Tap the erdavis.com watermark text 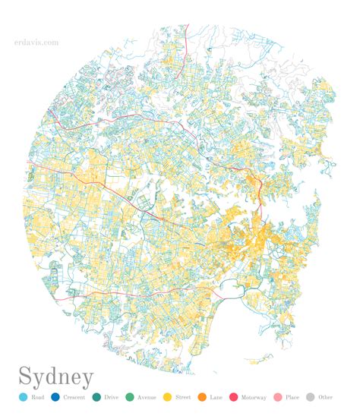[x=36, y=43]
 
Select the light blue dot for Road [x=23, y=397]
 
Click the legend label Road [x=38, y=397]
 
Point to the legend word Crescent [x=74, y=397]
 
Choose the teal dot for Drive [x=96, y=397]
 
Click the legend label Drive [x=112, y=397]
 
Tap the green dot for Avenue [x=130, y=397]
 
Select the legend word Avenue [x=147, y=397]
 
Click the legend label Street [x=183, y=397]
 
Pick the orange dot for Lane [x=202, y=397]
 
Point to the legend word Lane [x=216, y=397]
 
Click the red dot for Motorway [x=233, y=397]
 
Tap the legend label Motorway [x=254, y=397]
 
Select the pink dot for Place [x=277, y=397]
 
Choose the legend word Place [x=292, y=397]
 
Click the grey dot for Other [x=311, y=397]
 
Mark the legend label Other [x=326, y=397]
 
